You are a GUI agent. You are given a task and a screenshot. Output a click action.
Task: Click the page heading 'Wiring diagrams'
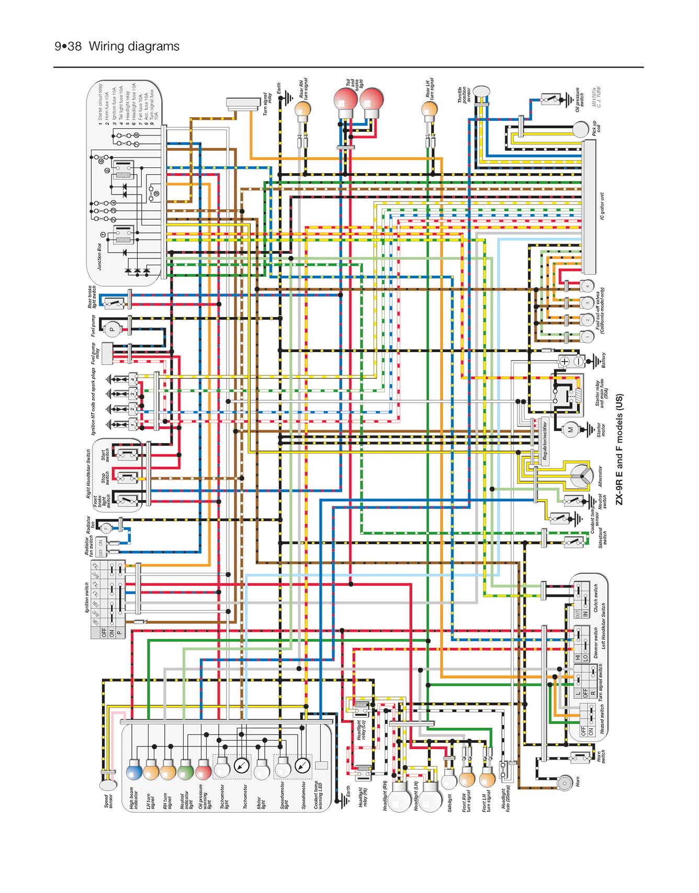(x=134, y=47)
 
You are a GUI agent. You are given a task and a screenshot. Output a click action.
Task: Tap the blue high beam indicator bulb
(x=134, y=771)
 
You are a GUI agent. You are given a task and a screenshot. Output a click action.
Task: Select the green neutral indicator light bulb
(x=186, y=771)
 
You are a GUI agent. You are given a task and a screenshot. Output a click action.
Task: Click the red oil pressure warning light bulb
(x=204, y=771)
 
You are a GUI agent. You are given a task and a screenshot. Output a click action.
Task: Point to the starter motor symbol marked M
(x=570, y=429)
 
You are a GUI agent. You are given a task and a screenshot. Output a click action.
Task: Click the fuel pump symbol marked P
(x=111, y=330)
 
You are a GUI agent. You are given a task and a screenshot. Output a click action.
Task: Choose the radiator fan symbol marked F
(x=106, y=528)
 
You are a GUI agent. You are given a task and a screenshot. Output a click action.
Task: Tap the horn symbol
(x=565, y=783)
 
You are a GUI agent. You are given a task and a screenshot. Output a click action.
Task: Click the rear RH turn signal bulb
(x=302, y=109)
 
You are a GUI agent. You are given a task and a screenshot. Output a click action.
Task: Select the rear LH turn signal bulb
(x=429, y=109)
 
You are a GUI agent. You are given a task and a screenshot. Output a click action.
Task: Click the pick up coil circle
(x=581, y=129)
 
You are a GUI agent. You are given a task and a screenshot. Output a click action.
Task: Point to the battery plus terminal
(x=565, y=361)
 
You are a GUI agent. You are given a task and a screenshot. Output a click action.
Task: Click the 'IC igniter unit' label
(x=602, y=206)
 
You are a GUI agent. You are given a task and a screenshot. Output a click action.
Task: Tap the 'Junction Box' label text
(x=100, y=256)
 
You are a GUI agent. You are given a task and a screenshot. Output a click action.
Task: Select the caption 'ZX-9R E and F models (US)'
(x=619, y=449)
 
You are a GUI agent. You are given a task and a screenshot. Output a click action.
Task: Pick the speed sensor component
(x=107, y=784)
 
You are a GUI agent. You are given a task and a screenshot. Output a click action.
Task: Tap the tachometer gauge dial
(x=241, y=766)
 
